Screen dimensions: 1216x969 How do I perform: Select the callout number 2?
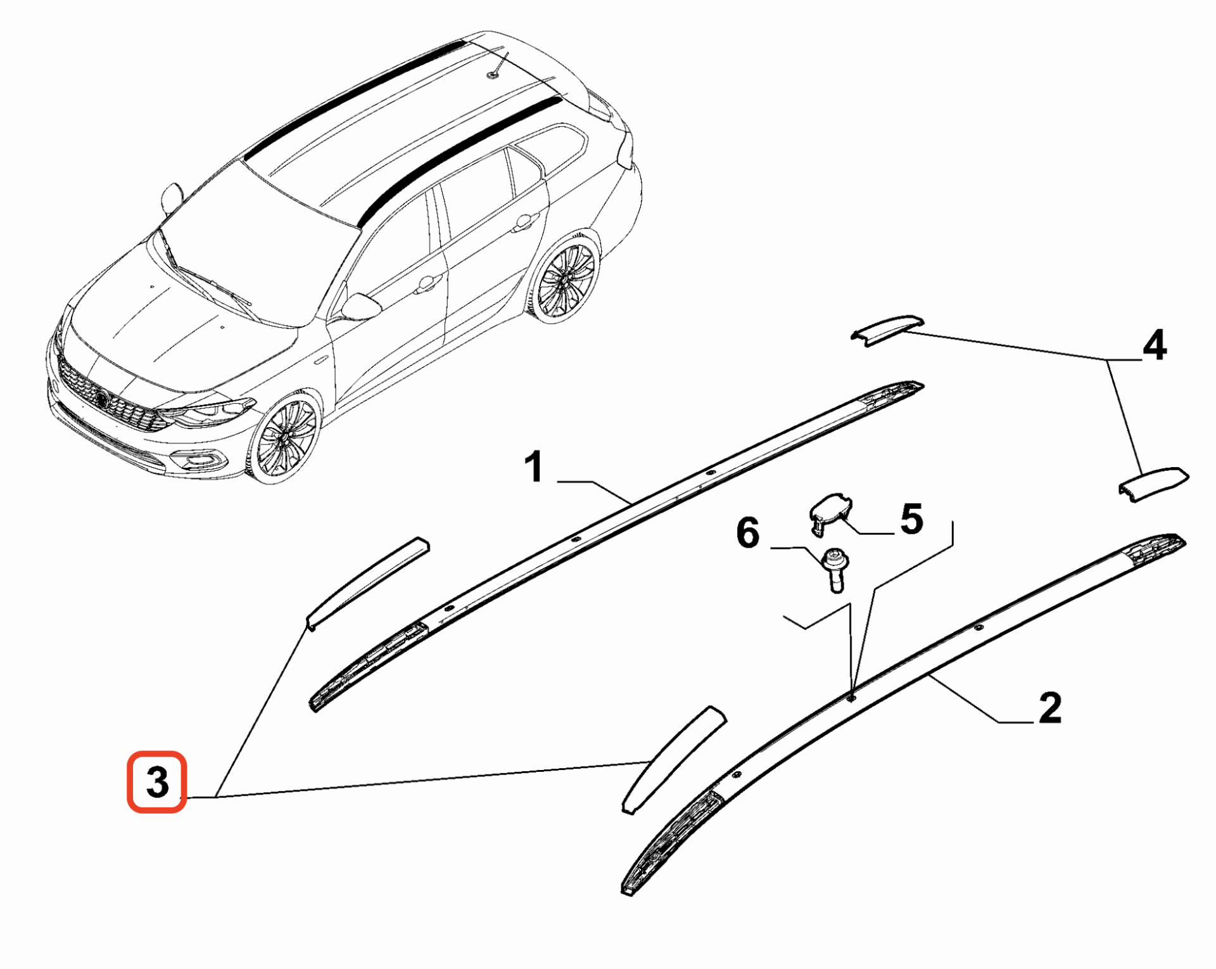1050,707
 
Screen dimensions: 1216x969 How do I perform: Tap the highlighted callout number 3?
158,782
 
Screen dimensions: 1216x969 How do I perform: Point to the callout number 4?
1154,345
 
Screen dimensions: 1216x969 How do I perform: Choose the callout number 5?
911,519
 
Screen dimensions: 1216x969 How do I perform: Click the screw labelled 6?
833,570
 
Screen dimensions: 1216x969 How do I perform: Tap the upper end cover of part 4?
887,329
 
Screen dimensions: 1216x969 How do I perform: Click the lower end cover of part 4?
1153,484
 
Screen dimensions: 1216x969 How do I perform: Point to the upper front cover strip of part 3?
367,583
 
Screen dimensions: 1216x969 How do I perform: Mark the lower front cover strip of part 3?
673,759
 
